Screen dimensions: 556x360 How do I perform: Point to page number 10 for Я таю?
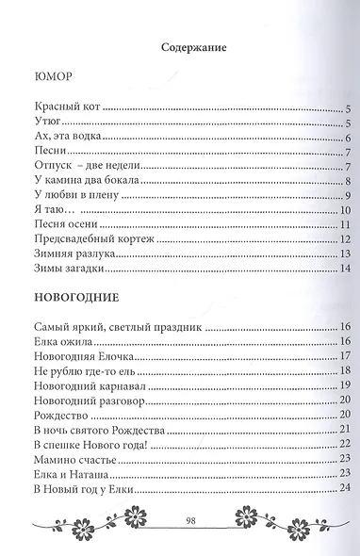tap(345, 210)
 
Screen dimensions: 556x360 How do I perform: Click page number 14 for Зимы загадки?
tap(345, 268)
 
